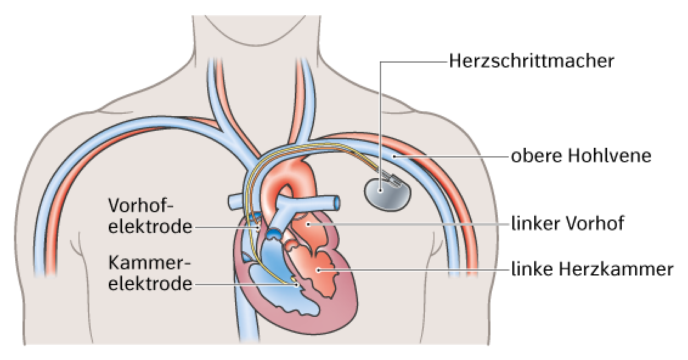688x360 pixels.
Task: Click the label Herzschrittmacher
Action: [x=531, y=61]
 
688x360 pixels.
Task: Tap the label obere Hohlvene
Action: [x=582, y=156]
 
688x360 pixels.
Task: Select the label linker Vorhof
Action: [x=568, y=223]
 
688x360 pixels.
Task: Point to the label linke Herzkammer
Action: [x=593, y=269]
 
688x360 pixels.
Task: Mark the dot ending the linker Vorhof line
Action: [x=309, y=224]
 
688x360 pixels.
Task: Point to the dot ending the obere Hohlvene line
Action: [x=394, y=156]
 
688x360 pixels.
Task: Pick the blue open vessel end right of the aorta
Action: [x=336, y=203]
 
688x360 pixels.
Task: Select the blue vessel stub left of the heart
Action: [x=235, y=202]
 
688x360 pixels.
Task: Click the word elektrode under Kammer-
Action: [x=150, y=283]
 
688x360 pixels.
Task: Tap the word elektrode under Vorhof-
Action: [x=150, y=227]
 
